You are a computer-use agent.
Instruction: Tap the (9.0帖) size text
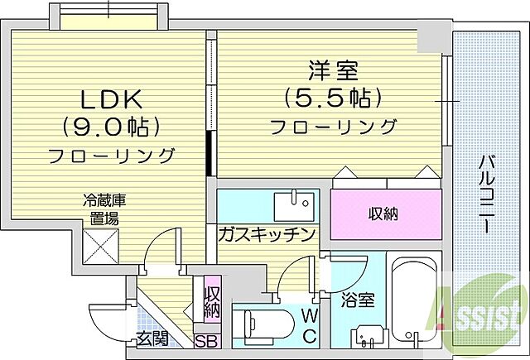click(110, 127)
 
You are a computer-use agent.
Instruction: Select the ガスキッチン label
click(266, 234)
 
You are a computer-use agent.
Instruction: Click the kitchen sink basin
click(295, 202)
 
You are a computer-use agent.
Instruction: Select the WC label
click(308, 325)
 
